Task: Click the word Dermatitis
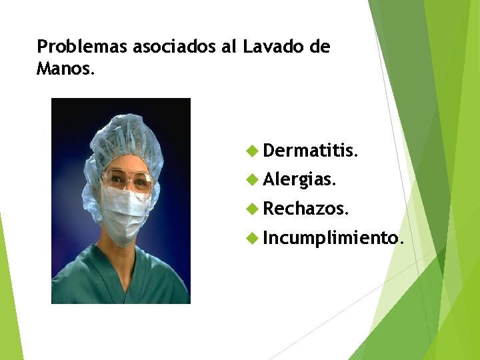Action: [311, 151]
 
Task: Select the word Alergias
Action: [300, 179]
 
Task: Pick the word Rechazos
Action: [305, 209]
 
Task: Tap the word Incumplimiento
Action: [333, 237]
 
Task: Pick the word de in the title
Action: [320, 47]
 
